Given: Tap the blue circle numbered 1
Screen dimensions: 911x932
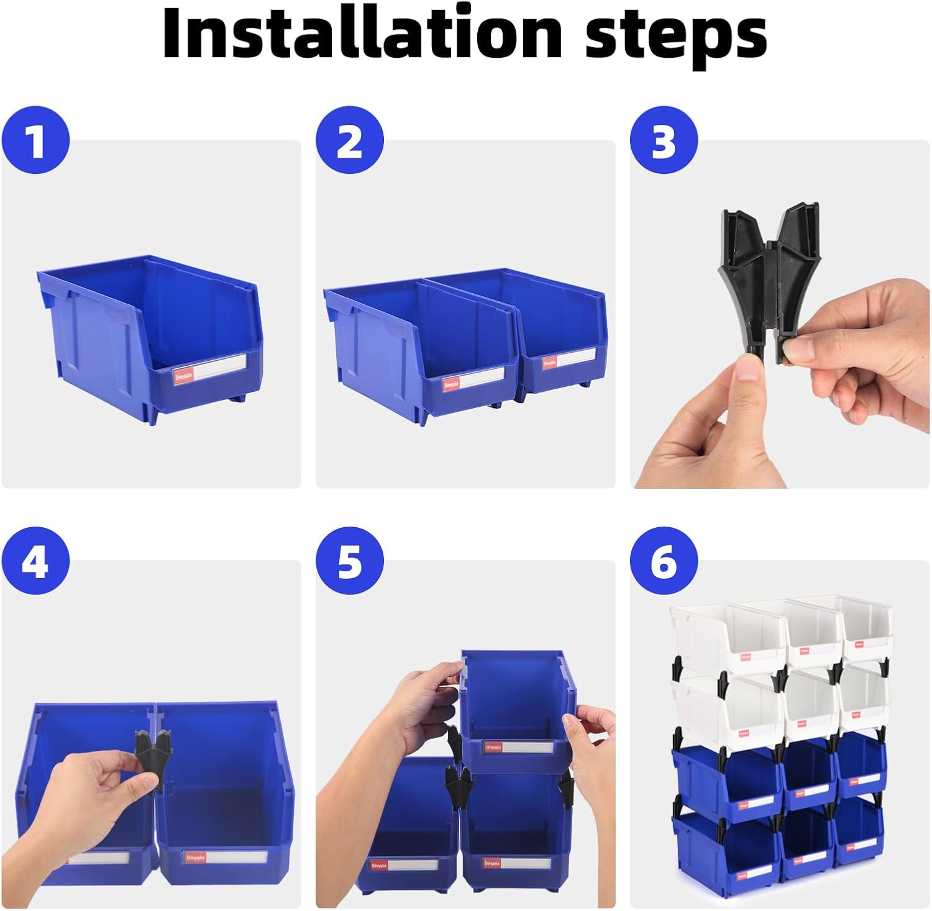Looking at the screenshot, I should click(35, 140).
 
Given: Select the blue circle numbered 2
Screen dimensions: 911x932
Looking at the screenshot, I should click(349, 140).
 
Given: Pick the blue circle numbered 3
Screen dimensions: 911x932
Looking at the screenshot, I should click(664, 140).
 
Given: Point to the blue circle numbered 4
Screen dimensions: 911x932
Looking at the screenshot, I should click(35, 561).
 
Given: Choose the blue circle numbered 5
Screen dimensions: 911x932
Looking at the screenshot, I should click(349, 561).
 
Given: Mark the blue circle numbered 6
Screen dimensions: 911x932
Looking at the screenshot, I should click(664, 561).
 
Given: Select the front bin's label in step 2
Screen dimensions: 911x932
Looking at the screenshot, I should click(472, 379).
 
